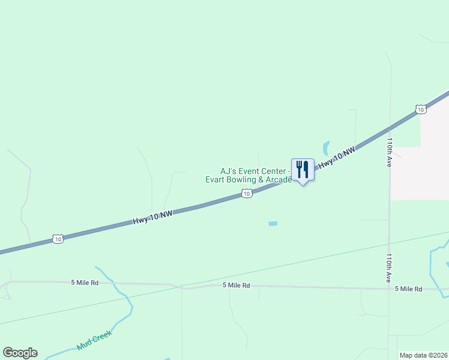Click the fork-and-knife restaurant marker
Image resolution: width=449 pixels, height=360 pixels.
(x=303, y=170)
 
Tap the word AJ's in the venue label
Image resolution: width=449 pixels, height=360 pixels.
(x=229, y=171)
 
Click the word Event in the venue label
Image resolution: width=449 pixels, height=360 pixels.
(x=250, y=171)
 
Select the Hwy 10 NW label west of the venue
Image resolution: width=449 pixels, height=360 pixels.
(x=152, y=218)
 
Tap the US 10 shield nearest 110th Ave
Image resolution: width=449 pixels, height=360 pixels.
(x=421, y=109)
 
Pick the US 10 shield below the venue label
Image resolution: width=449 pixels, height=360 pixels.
(x=247, y=193)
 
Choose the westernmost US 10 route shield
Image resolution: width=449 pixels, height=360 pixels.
(x=58, y=239)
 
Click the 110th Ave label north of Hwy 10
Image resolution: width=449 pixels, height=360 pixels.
(x=390, y=153)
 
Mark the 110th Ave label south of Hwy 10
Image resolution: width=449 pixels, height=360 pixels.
(x=389, y=268)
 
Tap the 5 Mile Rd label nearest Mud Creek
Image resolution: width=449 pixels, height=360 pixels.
(x=84, y=282)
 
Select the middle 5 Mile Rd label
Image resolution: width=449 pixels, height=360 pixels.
(x=236, y=286)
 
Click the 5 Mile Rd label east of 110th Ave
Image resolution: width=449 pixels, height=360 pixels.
(x=409, y=289)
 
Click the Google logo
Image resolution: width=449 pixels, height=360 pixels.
(x=20, y=353)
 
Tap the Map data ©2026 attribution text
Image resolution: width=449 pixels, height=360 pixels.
(x=423, y=355)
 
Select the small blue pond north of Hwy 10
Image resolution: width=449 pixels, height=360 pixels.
(x=326, y=147)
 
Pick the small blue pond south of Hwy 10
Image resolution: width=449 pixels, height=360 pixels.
(x=273, y=224)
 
